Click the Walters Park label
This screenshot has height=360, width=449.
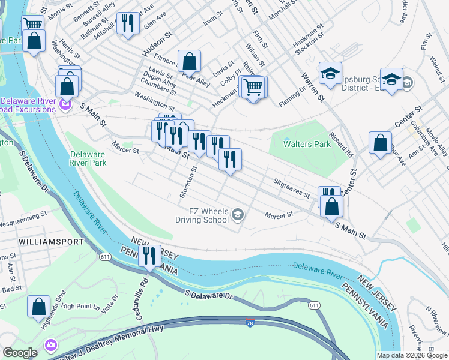coord(300,144)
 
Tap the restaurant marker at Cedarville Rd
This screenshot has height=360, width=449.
coord(148,256)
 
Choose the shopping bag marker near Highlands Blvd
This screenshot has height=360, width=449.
coord(38,306)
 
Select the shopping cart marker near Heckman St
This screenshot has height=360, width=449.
coord(253,87)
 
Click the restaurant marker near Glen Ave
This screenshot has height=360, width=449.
coord(127,23)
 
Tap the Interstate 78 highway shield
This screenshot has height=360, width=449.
coord(249,323)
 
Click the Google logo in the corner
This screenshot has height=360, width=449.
coord(19,353)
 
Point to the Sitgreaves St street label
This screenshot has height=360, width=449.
coord(291,191)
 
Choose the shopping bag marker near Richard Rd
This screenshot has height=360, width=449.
coord(380,143)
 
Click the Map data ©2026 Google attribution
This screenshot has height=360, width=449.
coord(411,355)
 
